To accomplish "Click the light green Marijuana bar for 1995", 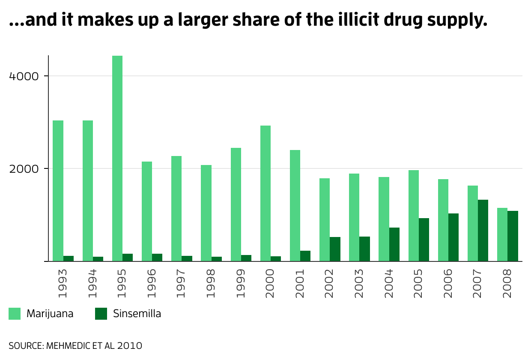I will tap(117, 159).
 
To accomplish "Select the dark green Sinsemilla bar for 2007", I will tap(483, 231).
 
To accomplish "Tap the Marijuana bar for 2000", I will tap(265, 193).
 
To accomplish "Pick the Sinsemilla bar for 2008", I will tap(513, 236).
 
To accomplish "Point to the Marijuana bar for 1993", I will tap(58, 191).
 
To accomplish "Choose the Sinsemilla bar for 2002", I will tap(335, 249).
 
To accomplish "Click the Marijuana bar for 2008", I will tap(502, 234).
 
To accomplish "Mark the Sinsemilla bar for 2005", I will tap(424, 240).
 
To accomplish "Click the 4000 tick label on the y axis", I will tap(24, 76).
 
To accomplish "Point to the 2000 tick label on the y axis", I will tap(24, 168).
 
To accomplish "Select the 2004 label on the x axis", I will tap(389, 283).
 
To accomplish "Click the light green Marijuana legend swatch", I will tap(15, 314).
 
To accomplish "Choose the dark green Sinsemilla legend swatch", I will tap(101, 314).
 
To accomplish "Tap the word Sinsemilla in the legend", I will tap(137, 314).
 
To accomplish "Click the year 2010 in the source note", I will tap(129, 345).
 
